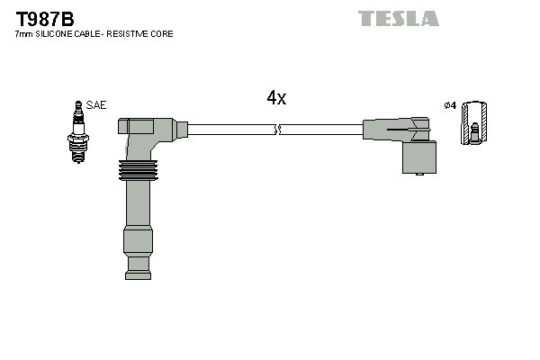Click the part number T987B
43,17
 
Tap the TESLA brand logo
398,18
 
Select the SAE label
96,105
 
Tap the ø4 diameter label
451,105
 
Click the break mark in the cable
279,130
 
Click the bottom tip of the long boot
138,265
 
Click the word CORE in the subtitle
163,33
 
